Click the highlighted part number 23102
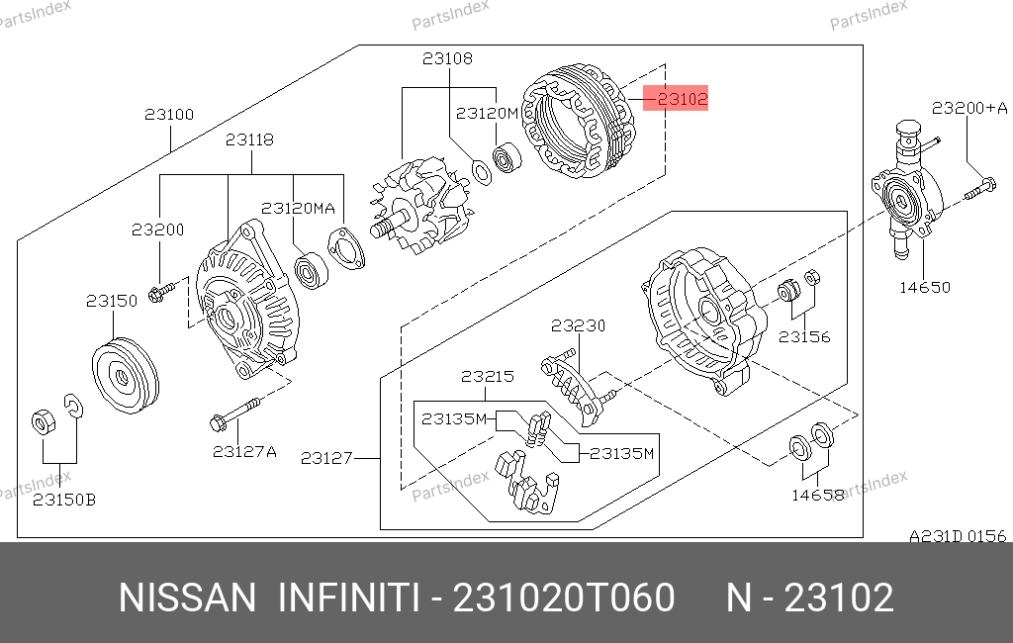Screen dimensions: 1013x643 point(683,99)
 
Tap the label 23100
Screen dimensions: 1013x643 point(169,115)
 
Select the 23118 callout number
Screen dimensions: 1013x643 point(249,139)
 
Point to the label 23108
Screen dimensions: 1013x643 point(447,58)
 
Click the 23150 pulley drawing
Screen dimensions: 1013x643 point(126,376)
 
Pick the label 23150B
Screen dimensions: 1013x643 point(64,500)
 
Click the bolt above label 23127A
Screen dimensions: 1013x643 point(235,413)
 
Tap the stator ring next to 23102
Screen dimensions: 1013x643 point(578,122)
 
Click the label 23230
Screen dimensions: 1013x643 point(578,325)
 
